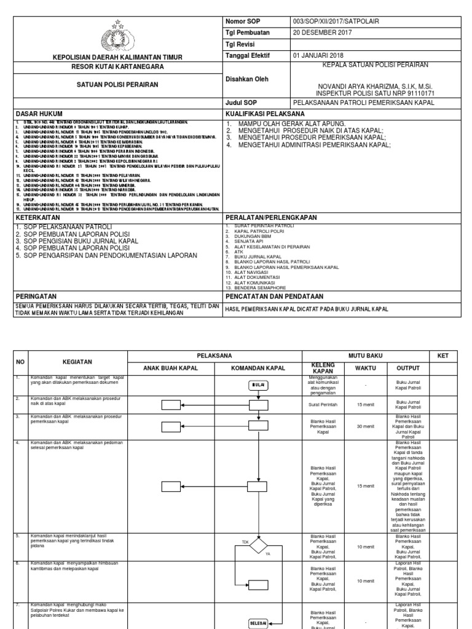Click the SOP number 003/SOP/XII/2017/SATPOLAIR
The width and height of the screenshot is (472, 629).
point(337,21)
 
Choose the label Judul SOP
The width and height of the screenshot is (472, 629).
point(241,103)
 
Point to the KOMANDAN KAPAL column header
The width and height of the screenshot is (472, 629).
point(258,368)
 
